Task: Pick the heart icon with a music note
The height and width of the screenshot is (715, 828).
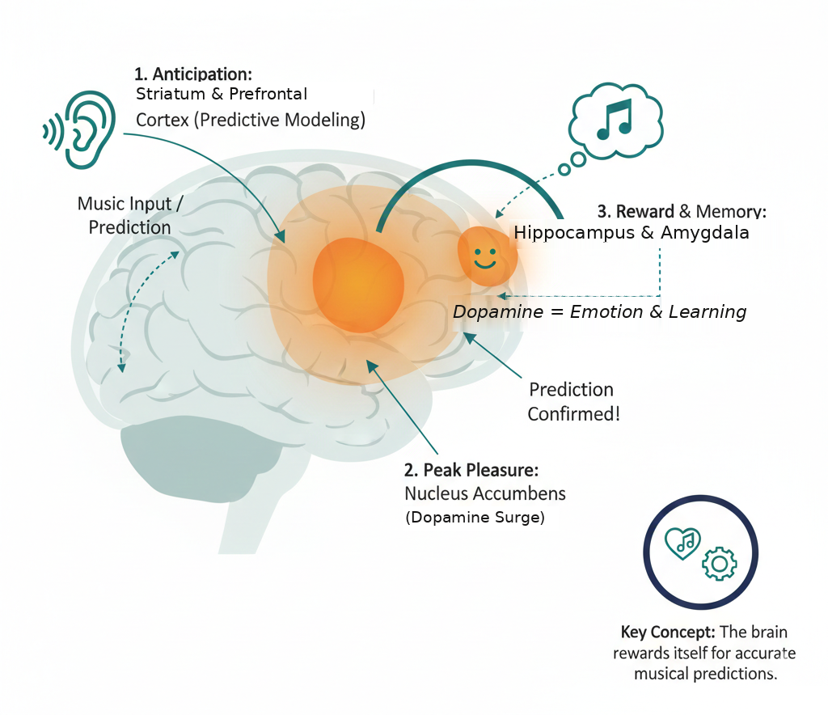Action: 682,543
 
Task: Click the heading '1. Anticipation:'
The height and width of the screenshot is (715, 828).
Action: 194,75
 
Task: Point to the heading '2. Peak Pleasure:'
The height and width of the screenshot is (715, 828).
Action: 471,470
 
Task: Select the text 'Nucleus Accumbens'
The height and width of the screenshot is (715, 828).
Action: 485,493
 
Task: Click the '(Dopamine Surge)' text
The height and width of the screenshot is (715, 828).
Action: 475,518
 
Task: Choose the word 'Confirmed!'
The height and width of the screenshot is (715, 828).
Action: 574,414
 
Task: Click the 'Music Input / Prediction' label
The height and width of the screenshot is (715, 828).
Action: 129,215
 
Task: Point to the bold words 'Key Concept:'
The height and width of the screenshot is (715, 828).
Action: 670,632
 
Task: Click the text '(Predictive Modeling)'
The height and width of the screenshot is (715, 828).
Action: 281,120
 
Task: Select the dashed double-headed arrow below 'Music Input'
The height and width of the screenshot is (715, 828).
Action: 146,311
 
